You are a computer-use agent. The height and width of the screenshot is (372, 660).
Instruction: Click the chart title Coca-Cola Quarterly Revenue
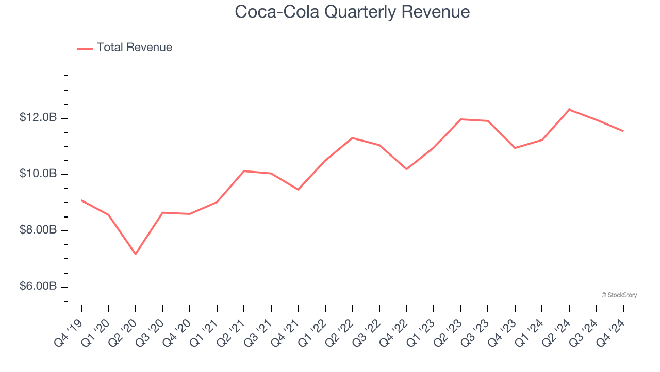(x=352, y=12)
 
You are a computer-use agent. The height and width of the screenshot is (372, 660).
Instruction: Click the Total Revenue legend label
(x=134, y=48)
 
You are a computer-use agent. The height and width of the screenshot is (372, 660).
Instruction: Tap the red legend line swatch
(x=85, y=48)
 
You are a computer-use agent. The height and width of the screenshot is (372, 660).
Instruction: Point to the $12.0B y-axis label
(x=38, y=118)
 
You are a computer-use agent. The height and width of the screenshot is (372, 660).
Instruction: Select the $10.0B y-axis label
(x=38, y=174)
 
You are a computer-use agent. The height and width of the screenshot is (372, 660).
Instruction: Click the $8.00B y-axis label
(x=38, y=230)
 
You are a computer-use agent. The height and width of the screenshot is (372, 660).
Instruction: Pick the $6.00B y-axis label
(x=38, y=286)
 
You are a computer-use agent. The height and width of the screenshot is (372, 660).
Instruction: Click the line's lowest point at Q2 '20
(x=136, y=254)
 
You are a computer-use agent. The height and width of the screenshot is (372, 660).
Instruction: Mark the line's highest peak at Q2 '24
(x=569, y=110)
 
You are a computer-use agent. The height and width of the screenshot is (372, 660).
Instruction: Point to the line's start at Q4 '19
(x=81, y=200)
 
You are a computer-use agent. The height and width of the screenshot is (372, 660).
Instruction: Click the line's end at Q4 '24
(x=623, y=131)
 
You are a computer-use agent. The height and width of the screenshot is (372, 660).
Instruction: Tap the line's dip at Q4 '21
(x=298, y=190)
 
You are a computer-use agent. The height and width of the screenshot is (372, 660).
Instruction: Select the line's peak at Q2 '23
(x=461, y=119)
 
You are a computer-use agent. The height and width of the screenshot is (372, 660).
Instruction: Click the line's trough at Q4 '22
(x=407, y=169)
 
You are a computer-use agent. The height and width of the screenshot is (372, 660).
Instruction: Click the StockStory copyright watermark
(x=619, y=295)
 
